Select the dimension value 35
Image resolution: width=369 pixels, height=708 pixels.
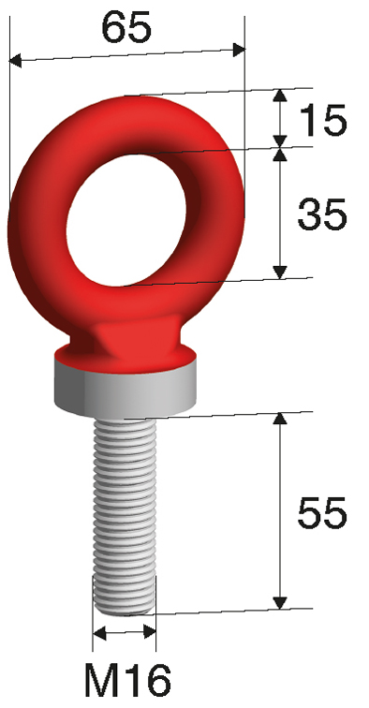coord(322,214)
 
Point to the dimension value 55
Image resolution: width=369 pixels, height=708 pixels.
coord(322,512)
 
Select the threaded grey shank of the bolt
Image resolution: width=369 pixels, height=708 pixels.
coord(125,506)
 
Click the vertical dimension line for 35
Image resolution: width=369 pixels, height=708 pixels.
coord(279,214)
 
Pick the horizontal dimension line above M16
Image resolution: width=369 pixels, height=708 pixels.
coord(125,633)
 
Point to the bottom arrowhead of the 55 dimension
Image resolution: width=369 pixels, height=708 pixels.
coord(279,601)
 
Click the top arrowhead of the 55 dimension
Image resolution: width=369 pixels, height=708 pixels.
coord(279,419)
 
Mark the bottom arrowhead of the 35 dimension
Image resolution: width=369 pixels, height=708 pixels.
coord(279,272)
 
